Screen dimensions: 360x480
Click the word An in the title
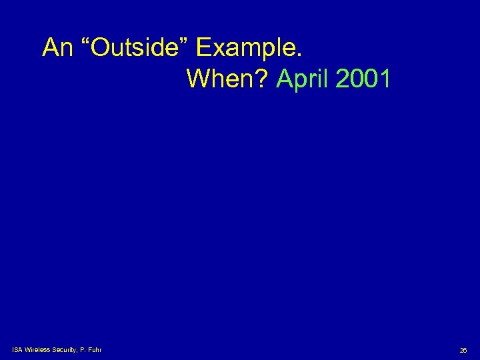56,48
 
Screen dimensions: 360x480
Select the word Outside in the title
133,48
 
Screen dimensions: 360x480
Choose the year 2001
363,79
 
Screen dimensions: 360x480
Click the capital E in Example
204,48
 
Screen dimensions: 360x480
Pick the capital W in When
198,79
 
